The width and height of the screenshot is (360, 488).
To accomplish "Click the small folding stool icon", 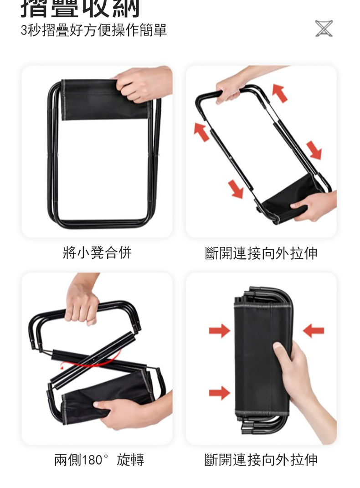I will [324, 28].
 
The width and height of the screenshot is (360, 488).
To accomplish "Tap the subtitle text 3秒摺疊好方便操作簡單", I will [94, 31].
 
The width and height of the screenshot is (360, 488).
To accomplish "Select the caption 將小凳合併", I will [97, 252].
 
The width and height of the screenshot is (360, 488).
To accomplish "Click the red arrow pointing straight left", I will [313, 330].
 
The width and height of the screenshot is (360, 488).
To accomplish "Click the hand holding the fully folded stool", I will [305, 378].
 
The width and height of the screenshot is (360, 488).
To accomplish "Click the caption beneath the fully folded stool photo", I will [261, 460].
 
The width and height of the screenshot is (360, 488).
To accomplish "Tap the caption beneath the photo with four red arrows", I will [261, 253].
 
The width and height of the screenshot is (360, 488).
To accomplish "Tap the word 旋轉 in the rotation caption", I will [130, 460].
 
